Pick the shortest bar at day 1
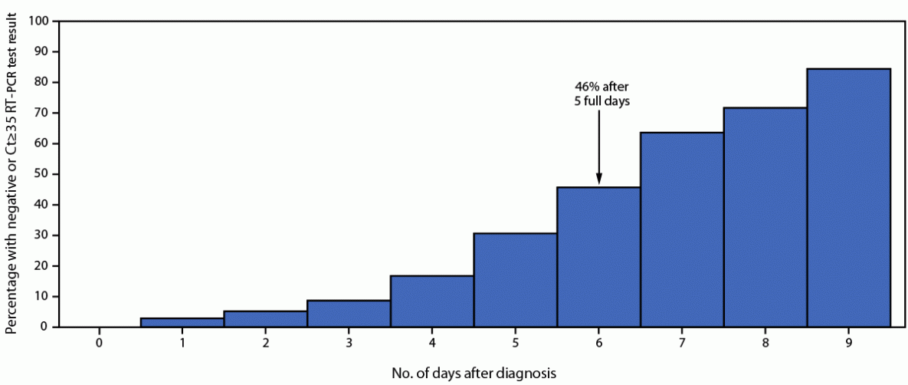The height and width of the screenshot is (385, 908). (182, 323)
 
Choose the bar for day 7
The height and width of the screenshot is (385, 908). (682, 230)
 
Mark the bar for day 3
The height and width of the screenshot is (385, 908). (349, 314)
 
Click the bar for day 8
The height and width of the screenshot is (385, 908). (765, 218)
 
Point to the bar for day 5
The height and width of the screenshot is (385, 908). (515, 280)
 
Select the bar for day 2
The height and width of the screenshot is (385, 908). (266, 319)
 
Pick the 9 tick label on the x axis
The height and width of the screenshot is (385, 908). (848, 341)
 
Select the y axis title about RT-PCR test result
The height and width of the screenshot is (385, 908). (12, 175)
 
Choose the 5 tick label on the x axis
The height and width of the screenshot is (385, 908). (516, 341)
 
